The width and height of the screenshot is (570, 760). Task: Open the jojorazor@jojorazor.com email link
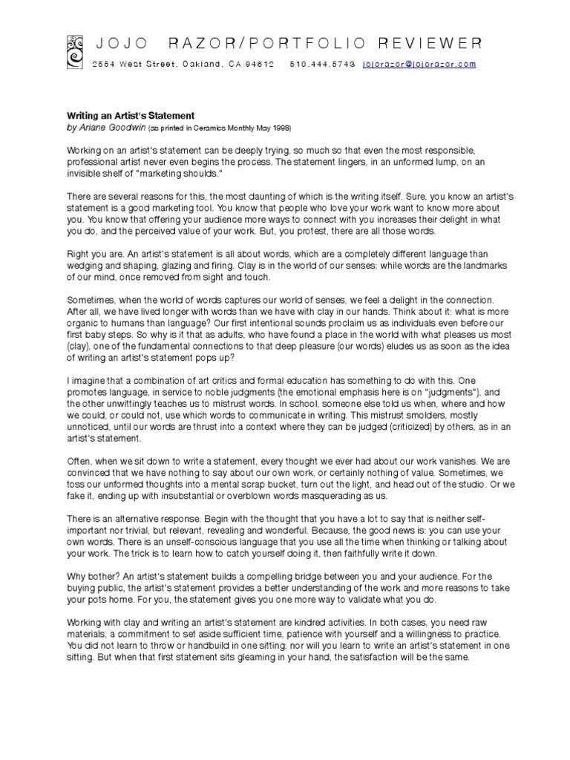(419, 65)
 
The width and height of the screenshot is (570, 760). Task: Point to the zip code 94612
(261, 65)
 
